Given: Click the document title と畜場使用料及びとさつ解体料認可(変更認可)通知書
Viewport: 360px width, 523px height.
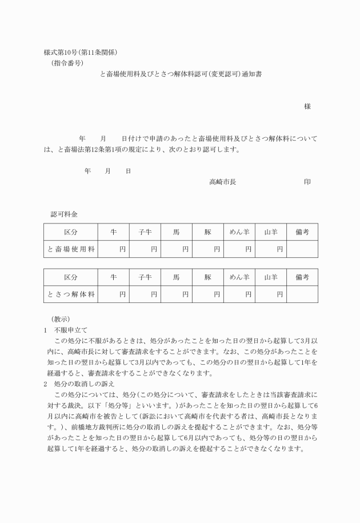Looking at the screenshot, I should tap(181, 74).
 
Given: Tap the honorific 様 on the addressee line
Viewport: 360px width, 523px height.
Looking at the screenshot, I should tap(307, 107).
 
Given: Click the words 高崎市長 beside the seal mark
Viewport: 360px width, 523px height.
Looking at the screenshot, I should tap(222, 181).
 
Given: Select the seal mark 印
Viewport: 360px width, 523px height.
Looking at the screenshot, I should tap(307, 181).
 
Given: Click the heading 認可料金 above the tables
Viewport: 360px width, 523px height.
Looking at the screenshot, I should tap(64, 214).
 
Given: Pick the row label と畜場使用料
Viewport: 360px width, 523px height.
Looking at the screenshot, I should tap(71, 249).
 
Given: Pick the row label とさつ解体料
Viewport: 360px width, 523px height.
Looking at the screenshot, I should tap(71, 294).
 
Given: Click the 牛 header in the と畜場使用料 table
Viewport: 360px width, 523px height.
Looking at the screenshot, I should tap(114, 231).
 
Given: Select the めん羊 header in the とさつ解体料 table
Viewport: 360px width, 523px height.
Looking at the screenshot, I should tap(239, 277).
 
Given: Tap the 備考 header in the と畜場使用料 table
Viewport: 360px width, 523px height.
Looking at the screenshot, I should tap(302, 231).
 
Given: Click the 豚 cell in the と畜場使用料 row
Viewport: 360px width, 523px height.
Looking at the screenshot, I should tap(208, 249).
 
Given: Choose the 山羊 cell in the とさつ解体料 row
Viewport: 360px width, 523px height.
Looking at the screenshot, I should tap(271, 294).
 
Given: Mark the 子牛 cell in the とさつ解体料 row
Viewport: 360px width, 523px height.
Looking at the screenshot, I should tap(145, 294).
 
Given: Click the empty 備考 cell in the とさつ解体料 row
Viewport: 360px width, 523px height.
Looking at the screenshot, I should tap(302, 294).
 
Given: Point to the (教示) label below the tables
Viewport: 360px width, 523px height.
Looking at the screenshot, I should tap(61, 319).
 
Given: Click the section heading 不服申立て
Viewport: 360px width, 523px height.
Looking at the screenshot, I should tap(71, 330).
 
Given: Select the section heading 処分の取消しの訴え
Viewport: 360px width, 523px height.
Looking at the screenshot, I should tap(83, 384).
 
